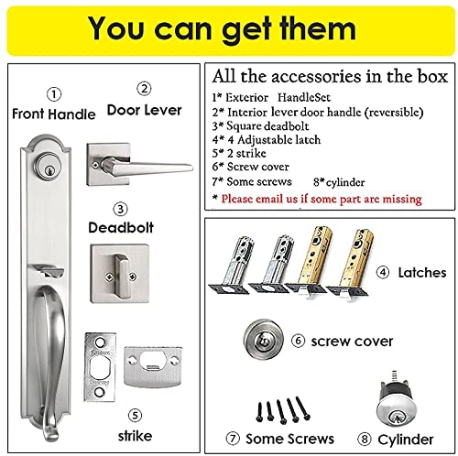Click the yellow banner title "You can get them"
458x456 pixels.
click(228, 27)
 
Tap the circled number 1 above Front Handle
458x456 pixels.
click(54, 93)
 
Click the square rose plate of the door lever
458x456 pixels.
click(106, 161)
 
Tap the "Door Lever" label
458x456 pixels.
click(143, 112)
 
